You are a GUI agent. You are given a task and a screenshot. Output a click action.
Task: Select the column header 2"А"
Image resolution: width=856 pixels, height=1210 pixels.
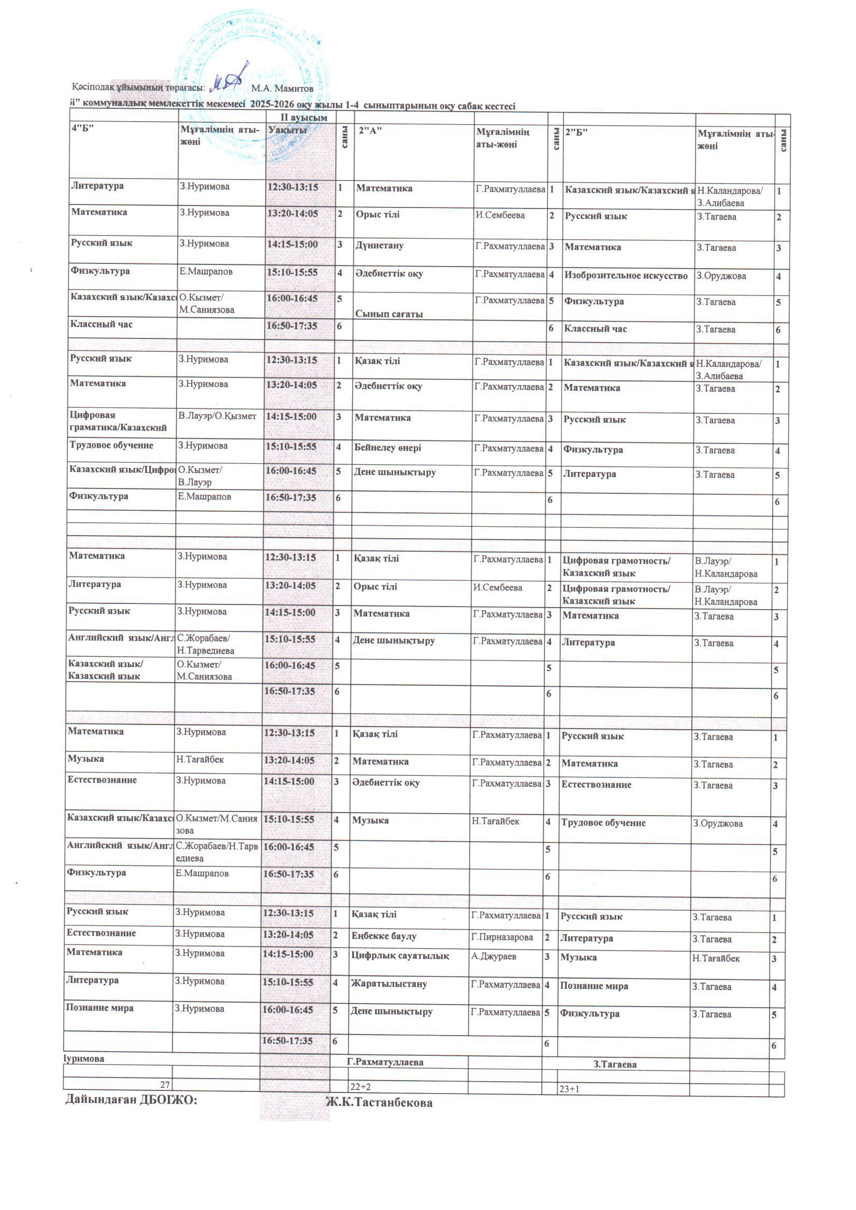tap(369, 131)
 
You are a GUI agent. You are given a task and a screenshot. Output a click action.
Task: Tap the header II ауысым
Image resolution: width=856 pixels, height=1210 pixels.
tap(304, 117)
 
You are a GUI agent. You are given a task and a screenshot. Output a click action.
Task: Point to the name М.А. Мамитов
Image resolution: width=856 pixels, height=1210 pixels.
tap(282, 88)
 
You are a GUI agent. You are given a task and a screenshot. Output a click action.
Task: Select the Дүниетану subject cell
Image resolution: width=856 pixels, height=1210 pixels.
tap(379, 246)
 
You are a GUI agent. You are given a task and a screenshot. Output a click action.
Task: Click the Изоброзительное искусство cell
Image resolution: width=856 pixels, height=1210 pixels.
tap(626, 276)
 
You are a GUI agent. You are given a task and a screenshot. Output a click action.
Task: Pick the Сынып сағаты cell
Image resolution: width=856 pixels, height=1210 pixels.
tap(389, 314)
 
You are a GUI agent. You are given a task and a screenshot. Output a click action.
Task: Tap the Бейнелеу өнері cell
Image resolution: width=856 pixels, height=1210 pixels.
tap(388, 448)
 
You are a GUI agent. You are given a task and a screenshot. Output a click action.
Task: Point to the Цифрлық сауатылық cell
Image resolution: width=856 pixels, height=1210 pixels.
tap(400, 956)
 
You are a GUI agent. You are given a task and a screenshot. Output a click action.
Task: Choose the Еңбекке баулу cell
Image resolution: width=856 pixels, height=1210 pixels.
tap(384, 937)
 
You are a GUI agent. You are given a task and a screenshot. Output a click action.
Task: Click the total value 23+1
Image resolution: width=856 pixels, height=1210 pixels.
tap(569, 1089)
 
